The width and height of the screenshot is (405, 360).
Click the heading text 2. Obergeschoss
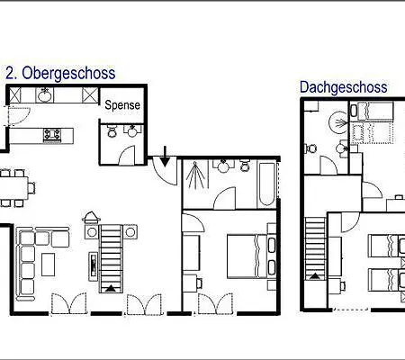[60, 73]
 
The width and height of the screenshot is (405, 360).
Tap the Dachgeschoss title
[344, 87]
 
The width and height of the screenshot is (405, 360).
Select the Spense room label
[122, 105]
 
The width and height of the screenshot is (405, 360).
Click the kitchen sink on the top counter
[46, 95]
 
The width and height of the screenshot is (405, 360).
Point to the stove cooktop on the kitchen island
[52, 134]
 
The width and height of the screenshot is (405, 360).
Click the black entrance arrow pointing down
[165, 157]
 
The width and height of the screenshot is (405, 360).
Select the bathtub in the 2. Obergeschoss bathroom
[267, 184]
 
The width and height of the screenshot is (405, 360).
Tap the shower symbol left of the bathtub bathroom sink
[195, 175]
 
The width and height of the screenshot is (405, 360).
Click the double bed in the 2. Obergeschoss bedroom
[247, 256]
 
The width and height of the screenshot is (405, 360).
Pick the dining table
[13, 187]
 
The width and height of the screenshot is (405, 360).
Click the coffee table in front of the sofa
[48, 265]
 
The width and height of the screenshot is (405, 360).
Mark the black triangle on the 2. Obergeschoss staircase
[111, 289]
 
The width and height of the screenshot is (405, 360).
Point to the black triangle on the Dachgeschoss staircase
[315, 276]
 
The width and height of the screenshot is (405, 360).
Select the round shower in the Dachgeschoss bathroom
[339, 122]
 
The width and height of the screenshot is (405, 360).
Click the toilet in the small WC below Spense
[112, 131]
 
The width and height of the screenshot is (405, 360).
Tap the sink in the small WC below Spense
[132, 130]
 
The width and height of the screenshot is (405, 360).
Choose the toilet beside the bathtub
[245, 166]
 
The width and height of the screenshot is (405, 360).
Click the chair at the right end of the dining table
[31, 188]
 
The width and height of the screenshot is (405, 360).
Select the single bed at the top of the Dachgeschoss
[372, 112]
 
